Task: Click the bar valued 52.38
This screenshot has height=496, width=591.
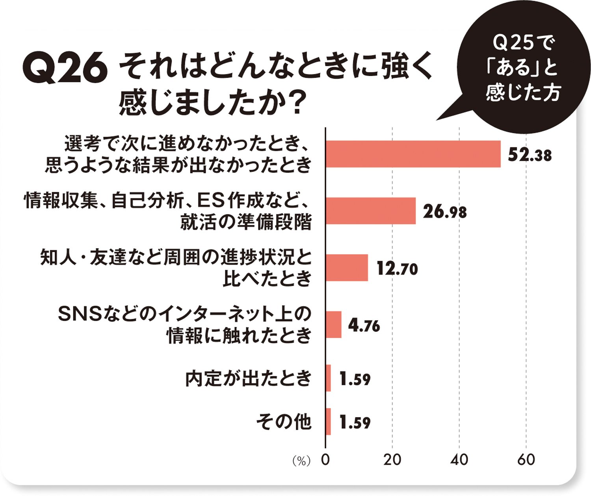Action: pyautogui.click(x=413, y=154)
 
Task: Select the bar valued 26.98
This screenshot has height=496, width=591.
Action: pyautogui.click(x=370, y=211)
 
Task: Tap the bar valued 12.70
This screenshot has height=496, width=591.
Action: pyautogui.click(x=347, y=268)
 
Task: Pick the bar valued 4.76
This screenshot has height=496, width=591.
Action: pyautogui.click(x=333, y=325)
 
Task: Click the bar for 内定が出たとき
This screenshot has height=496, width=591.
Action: pyautogui.click(x=328, y=378)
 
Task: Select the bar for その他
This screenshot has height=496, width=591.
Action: pyautogui.click(x=328, y=422)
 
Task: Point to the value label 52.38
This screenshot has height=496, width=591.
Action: pyautogui.click(x=530, y=155)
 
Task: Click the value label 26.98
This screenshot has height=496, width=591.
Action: pyautogui.click(x=445, y=212)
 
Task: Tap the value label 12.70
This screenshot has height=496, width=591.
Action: pyautogui.click(x=397, y=269)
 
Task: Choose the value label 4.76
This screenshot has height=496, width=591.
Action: pyautogui.click(x=364, y=326)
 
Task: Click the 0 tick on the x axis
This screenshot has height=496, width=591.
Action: pyautogui.click(x=325, y=460)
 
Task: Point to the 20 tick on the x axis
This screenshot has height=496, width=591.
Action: pyautogui.click(x=392, y=460)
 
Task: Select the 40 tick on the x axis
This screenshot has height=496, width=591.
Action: pyautogui.click(x=459, y=460)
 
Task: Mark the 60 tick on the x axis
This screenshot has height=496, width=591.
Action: pyautogui.click(x=526, y=460)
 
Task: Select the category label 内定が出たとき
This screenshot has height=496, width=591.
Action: pyautogui.click(x=249, y=379)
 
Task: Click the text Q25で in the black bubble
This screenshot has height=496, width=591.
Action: pyautogui.click(x=523, y=43)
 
